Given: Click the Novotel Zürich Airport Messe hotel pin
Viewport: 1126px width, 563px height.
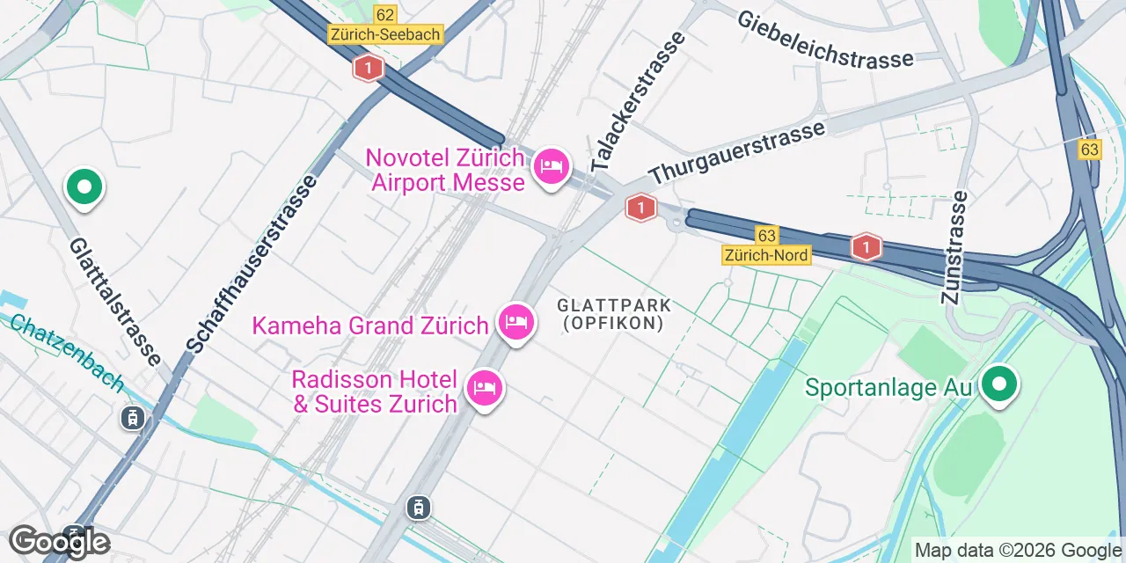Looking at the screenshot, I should click(x=552, y=166).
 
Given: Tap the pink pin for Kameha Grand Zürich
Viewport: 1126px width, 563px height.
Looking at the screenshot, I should click(x=515, y=323).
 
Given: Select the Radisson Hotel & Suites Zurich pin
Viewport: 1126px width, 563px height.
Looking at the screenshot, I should click(x=484, y=387).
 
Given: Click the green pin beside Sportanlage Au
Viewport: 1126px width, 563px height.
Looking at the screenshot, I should click(x=998, y=385).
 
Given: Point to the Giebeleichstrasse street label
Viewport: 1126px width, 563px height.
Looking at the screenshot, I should click(x=825, y=40).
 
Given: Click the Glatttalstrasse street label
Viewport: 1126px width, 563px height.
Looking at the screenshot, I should click(x=114, y=302).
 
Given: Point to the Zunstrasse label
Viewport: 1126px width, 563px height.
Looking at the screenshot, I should click(x=954, y=248).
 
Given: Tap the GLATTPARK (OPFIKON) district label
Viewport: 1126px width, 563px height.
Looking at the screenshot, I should click(x=614, y=314).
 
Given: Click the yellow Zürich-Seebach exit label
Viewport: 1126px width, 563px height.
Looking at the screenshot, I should click(x=384, y=34).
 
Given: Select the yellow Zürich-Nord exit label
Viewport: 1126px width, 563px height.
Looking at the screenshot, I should click(x=765, y=254).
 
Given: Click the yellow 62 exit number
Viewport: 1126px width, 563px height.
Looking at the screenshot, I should click(x=384, y=14).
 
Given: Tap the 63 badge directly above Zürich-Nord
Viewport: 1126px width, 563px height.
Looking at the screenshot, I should click(x=766, y=235).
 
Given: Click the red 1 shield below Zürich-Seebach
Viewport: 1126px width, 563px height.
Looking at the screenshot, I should click(x=368, y=67).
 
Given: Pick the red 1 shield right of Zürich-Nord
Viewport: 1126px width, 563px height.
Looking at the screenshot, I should click(x=866, y=247).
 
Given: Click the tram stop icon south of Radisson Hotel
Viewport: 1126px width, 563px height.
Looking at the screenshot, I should click(x=420, y=507).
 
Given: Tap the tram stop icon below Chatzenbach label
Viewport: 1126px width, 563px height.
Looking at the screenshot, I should click(x=132, y=418).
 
